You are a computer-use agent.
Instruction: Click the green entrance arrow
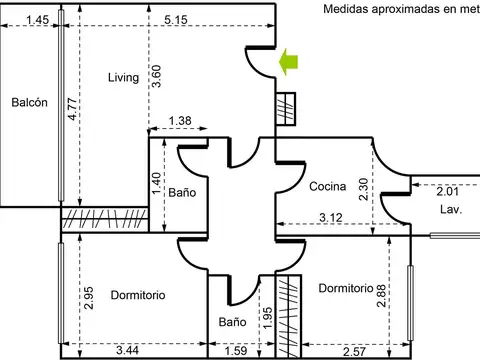tap(288, 62)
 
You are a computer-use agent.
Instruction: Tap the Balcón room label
tap(29, 102)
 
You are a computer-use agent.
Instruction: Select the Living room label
tap(123, 78)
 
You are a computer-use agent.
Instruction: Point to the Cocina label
tap(328, 186)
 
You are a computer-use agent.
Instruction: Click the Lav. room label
tap(451, 209)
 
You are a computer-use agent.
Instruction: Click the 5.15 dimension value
tap(176, 20)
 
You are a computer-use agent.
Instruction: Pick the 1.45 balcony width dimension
tap(37, 20)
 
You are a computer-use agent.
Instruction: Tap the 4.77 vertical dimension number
tap(72, 109)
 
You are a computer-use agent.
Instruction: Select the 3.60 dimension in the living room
tap(156, 76)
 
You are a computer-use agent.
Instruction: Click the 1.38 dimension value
tap(180, 121)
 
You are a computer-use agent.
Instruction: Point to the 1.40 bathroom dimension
tap(156, 183)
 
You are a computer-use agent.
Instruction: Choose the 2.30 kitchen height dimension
tap(363, 189)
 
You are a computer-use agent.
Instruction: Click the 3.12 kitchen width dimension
tap(331, 218)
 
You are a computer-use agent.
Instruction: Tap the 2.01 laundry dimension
tap(448, 192)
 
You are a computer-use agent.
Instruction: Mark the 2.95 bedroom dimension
tap(89, 298)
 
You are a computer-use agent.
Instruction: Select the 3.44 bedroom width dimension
tap(128, 350)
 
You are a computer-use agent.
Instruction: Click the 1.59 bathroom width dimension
tap(236, 351)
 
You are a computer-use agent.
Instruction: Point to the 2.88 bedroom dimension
tap(381, 296)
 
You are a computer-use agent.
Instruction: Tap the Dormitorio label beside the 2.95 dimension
tap(138, 295)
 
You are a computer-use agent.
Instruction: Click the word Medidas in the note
tap(346, 9)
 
